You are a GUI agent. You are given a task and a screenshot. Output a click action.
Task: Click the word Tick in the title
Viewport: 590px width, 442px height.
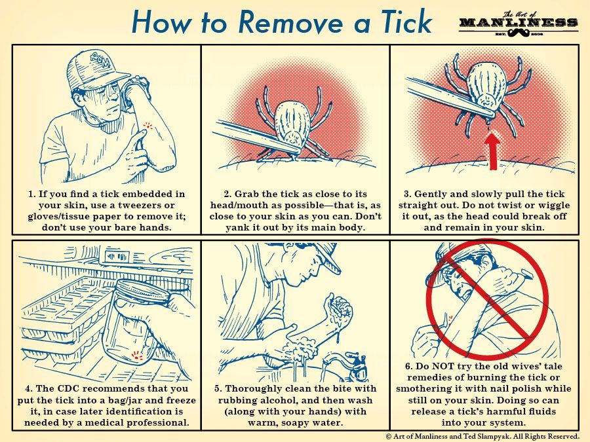coord(406,22)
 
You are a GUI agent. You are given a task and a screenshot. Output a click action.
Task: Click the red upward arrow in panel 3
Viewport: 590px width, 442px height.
coord(493,152)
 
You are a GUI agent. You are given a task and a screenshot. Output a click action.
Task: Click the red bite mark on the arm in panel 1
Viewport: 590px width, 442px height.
coord(148,125)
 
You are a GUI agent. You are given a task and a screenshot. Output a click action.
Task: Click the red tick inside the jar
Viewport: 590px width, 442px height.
coord(137,355)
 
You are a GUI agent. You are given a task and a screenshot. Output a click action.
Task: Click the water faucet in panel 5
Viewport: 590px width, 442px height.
coord(348,363)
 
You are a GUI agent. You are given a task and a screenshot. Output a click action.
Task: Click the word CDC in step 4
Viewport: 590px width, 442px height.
coord(69,388)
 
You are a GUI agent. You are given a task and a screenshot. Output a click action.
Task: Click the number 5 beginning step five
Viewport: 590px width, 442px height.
coord(218,388)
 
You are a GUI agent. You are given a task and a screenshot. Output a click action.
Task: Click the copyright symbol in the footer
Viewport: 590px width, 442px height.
coord(389,436)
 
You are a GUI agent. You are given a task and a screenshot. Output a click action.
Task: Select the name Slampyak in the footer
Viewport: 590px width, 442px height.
coord(492,436)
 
